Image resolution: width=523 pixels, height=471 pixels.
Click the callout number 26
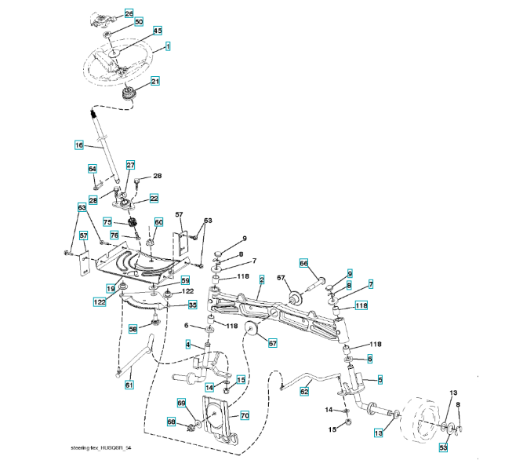tap(129, 13)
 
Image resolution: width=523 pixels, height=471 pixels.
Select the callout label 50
tap(138, 22)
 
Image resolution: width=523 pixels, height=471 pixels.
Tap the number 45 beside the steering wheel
tap(158, 31)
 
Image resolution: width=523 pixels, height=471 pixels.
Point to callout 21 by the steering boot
tap(154, 81)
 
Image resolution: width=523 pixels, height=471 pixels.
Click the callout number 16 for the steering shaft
tap(78, 145)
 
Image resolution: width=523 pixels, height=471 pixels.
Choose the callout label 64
tap(92, 169)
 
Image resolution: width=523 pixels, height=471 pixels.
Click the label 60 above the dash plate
tap(158, 222)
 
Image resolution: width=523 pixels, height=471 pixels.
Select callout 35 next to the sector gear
tap(192, 305)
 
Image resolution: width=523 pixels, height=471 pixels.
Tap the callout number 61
tap(129, 385)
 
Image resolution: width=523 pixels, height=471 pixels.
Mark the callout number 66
tap(303, 264)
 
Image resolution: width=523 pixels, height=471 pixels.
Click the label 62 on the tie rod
tap(305, 390)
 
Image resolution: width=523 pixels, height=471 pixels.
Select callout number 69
tap(181, 403)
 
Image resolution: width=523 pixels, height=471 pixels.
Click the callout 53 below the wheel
tap(443, 448)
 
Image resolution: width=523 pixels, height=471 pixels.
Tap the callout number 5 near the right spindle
tap(380, 380)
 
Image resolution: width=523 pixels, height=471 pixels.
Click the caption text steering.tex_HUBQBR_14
tap(100, 447)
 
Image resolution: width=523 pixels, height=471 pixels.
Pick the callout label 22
tap(154, 199)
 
